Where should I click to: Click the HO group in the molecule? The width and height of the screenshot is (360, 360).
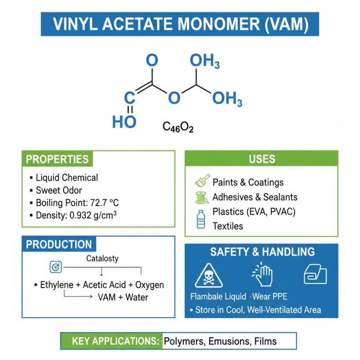[x=124, y=121]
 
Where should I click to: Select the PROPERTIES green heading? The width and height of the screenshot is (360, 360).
[x=57, y=159]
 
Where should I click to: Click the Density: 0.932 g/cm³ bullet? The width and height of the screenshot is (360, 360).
[x=76, y=215]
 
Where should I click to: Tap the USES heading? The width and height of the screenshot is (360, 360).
[x=261, y=159]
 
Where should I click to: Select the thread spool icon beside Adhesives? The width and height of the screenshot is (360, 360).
[x=201, y=197]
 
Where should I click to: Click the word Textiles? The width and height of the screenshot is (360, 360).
[x=228, y=226]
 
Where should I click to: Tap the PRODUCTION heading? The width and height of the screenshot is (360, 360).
[x=58, y=244]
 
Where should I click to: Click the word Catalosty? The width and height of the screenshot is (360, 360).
[x=102, y=259]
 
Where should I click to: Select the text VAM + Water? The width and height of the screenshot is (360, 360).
[x=123, y=297]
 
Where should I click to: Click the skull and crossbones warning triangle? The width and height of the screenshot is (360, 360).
[x=208, y=276]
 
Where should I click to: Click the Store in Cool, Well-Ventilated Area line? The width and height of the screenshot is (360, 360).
[x=255, y=310]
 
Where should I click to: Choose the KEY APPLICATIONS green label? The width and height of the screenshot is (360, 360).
[x=111, y=341]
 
